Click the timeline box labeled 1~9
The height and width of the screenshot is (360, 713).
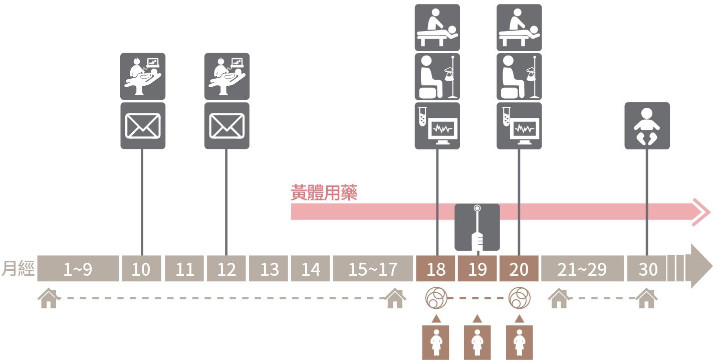point(78,269)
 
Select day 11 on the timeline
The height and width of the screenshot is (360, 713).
point(184,269)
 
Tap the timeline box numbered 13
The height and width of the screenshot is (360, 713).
point(269,269)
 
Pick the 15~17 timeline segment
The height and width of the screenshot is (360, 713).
point(372,269)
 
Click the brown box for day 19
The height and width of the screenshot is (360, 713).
point(477,269)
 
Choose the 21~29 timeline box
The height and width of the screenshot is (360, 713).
point(582,269)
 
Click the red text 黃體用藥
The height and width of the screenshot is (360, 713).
point(324,193)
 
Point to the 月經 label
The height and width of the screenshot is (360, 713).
point(18,269)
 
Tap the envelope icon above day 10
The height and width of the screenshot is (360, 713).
point(143,126)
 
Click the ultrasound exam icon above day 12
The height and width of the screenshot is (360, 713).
point(227,76)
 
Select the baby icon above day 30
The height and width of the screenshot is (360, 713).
point(647,126)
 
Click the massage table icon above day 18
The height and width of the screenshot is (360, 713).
point(437,28)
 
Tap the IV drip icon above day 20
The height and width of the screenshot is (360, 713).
point(519,76)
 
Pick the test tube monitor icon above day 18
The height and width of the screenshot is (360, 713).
point(437,126)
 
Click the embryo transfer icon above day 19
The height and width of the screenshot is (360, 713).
point(477,227)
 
